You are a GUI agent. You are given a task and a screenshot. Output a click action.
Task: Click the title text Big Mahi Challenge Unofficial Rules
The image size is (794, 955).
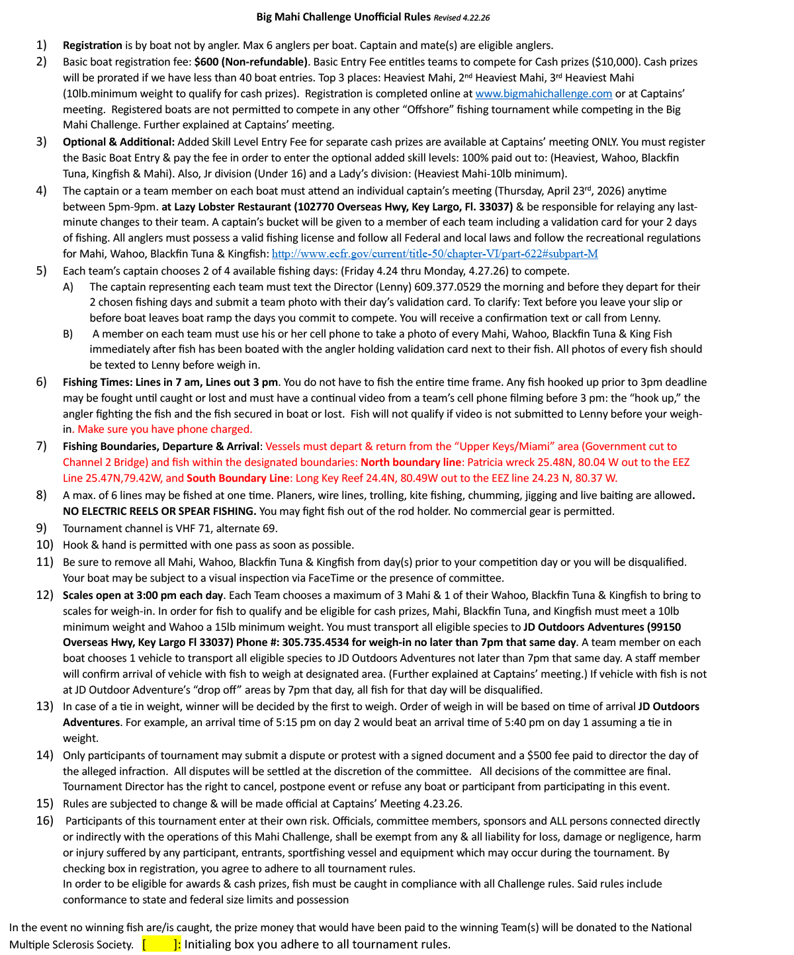(343, 17)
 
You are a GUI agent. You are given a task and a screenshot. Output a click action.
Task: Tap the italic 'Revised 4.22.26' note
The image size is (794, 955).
(462, 18)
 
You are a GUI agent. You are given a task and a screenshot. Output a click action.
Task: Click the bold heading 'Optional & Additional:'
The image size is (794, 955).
(119, 142)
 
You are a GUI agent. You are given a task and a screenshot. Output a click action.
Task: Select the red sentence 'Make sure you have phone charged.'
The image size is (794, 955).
(165, 430)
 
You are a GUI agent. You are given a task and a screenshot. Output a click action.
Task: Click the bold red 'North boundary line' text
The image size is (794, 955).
(410, 463)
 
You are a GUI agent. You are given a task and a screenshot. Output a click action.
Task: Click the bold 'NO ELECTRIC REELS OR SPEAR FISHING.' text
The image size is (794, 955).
(159, 512)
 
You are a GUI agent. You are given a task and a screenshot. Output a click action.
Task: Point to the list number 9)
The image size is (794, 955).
(42, 528)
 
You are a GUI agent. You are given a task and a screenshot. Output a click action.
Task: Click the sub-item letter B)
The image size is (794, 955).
(68, 334)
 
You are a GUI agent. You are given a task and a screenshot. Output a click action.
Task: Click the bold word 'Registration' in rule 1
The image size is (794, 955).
(93, 46)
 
